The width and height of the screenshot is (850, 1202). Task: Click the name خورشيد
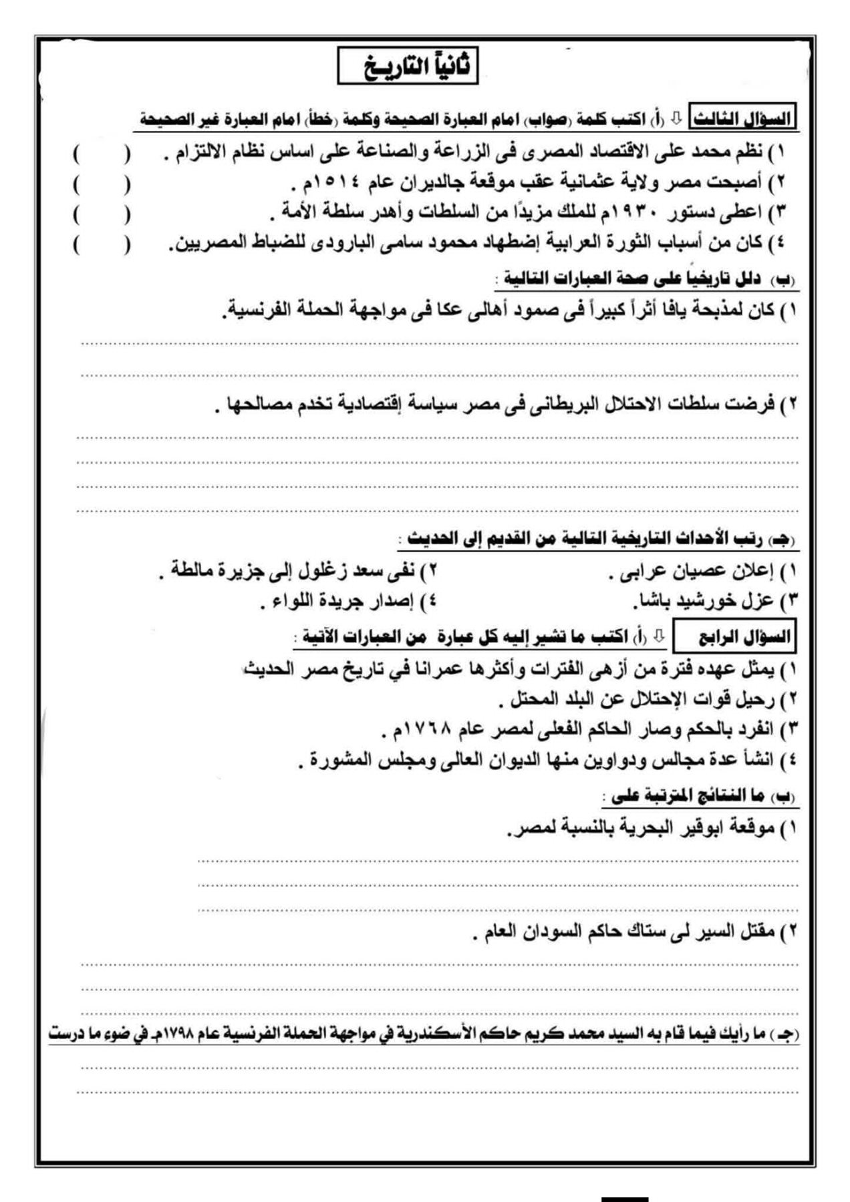click(709, 600)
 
